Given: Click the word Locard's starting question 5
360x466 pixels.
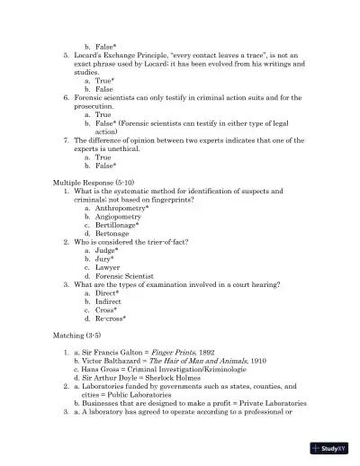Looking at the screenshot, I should (92, 55).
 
